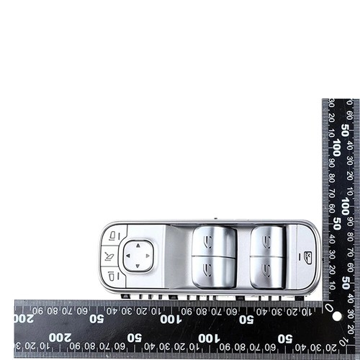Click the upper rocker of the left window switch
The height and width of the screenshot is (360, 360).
(x=213, y=242)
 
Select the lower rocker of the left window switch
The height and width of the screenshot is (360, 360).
(x=213, y=271)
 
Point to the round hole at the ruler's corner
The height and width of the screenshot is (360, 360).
(x=335, y=315)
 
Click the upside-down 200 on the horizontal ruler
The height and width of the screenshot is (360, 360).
(x=24, y=318)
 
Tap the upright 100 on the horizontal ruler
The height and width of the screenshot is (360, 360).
(x=204, y=338)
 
